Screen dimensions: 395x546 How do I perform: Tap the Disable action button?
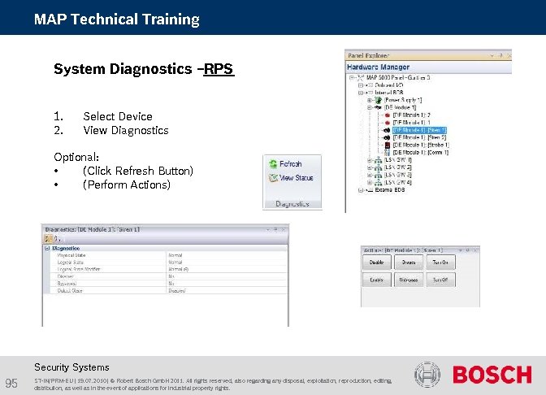click(x=375, y=263)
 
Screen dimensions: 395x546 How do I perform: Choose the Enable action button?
click(x=375, y=279)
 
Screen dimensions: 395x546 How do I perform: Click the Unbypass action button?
click(x=408, y=279)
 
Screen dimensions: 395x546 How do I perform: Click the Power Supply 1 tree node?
click(x=403, y=99)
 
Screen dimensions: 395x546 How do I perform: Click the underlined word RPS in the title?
click(x=219, y=69)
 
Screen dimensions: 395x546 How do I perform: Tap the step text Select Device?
click(x=117, y=116)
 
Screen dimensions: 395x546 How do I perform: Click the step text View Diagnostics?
click(x=125, y=130)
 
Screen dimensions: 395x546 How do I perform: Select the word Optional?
click(x=76, y=156)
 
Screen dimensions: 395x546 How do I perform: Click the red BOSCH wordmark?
click(x=492, y=375)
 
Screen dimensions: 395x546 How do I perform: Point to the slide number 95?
click(x=11, y=384)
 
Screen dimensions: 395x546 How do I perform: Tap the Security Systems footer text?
click(x=71, y=367)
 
